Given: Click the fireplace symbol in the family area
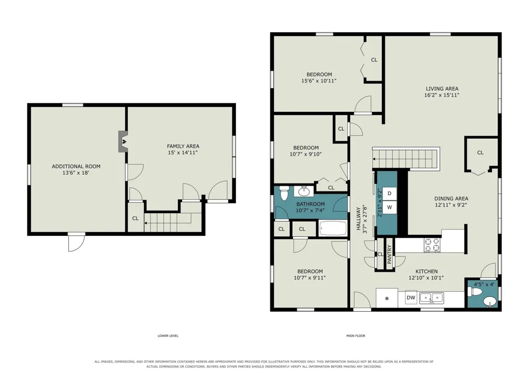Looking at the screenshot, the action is pyautogui.click(x=123, y=141).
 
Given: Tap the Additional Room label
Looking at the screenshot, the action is pyautogui.click(x=76, y=166).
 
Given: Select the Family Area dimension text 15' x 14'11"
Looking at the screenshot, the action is pyautogui.click(x=183, y=152).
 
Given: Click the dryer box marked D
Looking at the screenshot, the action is pyautogui.click(x=390, y=193).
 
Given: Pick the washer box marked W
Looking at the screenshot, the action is pyautogui.click(x=390, y=207).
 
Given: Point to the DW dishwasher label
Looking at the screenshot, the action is pyautogui.click(x=411, y=298).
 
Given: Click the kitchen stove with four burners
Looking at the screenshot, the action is pyautogui.click(x=432, y=245).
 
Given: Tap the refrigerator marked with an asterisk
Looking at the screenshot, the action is pyautogui.click(x=387, y=298).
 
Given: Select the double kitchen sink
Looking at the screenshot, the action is pyautogui.click(x=431, y=298).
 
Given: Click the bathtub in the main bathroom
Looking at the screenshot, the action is pyautogui.click(x=333, y=229).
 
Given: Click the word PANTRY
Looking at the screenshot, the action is pyautogui.click(x=389, y=254).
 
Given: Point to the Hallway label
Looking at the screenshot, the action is pyautogui.click(x=359, y=218).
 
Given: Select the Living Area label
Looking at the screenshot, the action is pyautogui.click(x=442, y=89).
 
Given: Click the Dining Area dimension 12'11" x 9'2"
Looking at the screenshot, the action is pyautogui.click(x=451, y=205).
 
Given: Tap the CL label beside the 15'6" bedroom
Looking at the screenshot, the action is pyautogui.click(x=374, y=60).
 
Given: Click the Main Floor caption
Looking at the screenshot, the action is pyautogui.click(x=355, y=336).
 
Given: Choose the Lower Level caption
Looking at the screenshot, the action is pyautogui.click(x=168, y=336).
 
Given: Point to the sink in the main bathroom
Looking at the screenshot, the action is pyautogui.click(x=304, y=192).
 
